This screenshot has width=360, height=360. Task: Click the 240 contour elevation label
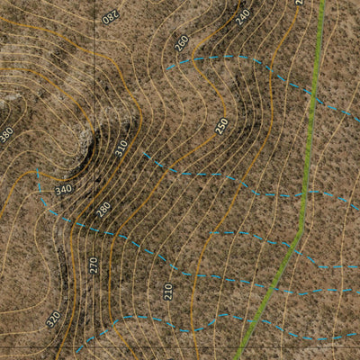click(242, 16)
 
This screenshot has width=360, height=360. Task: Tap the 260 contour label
click(182, 42)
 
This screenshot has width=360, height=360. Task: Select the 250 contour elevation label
click(222, 126)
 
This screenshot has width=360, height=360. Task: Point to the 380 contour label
click(7, 134)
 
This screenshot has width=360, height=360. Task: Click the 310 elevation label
click(121, 147)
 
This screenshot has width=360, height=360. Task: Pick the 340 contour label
click(63, 190)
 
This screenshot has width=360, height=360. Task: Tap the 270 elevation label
click(94, 265)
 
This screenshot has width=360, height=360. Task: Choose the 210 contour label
click(168, 291)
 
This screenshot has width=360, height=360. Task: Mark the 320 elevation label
click(54, 319)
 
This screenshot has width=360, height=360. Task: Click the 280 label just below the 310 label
click(103, 210)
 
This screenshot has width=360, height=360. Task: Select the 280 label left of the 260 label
click(110, 15)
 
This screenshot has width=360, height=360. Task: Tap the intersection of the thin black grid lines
click(94, 346)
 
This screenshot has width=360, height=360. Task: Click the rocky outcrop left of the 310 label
click(85, 144)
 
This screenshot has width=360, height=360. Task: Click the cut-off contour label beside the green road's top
click(299, 3)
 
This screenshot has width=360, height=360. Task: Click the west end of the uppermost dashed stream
click(166, 67)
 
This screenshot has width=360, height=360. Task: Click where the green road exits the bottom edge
click(238, 357)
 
